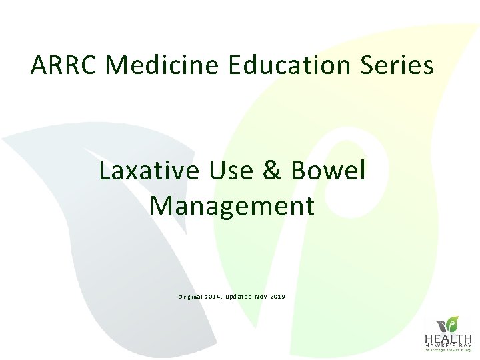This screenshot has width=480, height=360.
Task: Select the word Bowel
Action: pyautogui.click(x=329, y=171)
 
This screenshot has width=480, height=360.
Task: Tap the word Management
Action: pyautogui.click(x=232, y=206)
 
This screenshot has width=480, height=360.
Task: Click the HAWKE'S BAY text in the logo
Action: pyautogui.click(x=449, y=345)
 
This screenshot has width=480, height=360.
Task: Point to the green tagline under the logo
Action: pyautogui.click(x=449, y=350)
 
